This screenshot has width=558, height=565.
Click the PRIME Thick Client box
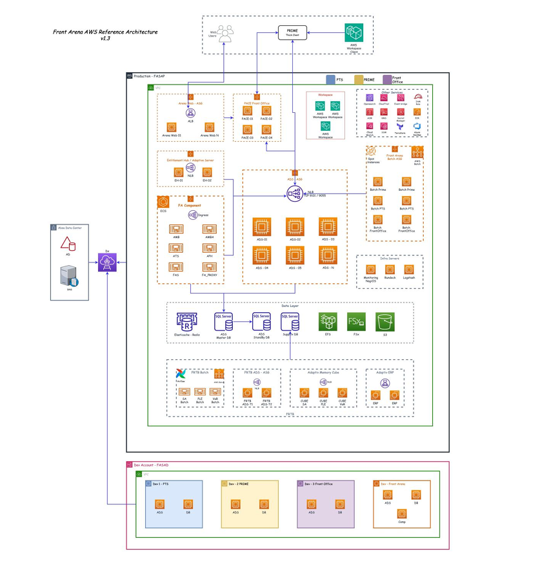292,32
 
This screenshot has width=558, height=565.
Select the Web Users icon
225,33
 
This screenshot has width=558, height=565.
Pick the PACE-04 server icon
266,130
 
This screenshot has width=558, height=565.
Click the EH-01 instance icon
179,172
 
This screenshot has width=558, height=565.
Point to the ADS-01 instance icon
261,227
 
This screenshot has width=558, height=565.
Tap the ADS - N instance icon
328,255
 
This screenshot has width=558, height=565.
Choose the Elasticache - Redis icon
186,322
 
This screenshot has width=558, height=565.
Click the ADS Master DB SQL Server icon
224,321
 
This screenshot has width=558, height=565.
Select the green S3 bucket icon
385,322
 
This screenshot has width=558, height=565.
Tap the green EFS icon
328,322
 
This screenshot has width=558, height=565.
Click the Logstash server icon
408,270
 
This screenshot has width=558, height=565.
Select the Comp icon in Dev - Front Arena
402,513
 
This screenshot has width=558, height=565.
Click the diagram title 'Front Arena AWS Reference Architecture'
105,32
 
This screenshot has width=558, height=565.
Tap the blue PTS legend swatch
330,80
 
